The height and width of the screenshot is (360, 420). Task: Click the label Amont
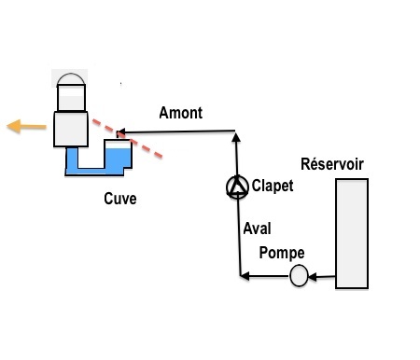tap(181, 113)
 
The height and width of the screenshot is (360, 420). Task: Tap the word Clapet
tap(273, 186)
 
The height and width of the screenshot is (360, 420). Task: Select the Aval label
tap(257, 228)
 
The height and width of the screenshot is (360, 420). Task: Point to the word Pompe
tap(282, 253)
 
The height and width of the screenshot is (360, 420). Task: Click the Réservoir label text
tap(332, 164)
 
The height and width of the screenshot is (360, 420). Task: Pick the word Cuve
tap(120, 199)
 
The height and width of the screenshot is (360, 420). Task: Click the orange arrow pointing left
tap(26, 127)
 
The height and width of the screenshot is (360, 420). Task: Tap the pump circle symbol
tap(299, 275)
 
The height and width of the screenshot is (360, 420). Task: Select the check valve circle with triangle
tap(237, 187)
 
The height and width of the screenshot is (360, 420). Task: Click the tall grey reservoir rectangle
tap(352, 233)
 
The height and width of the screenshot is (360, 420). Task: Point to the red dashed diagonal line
tap(128, 139)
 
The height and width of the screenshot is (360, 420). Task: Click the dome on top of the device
tap(71, 78)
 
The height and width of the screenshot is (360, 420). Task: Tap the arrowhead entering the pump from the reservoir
tap(312, 276)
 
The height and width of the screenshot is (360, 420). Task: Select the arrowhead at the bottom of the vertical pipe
tap(245, 276)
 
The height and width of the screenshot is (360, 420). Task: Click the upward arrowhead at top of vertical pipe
tap(236, 137)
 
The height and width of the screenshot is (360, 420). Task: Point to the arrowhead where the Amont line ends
tap(120, 132)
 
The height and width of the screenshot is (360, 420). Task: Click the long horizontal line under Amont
tap(175, 132)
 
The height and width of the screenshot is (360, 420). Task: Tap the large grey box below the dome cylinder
tap(71, 129)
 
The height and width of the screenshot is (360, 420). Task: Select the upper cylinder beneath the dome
tap(71, 97)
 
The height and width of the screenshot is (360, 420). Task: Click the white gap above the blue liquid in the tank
tap(118, 145)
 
